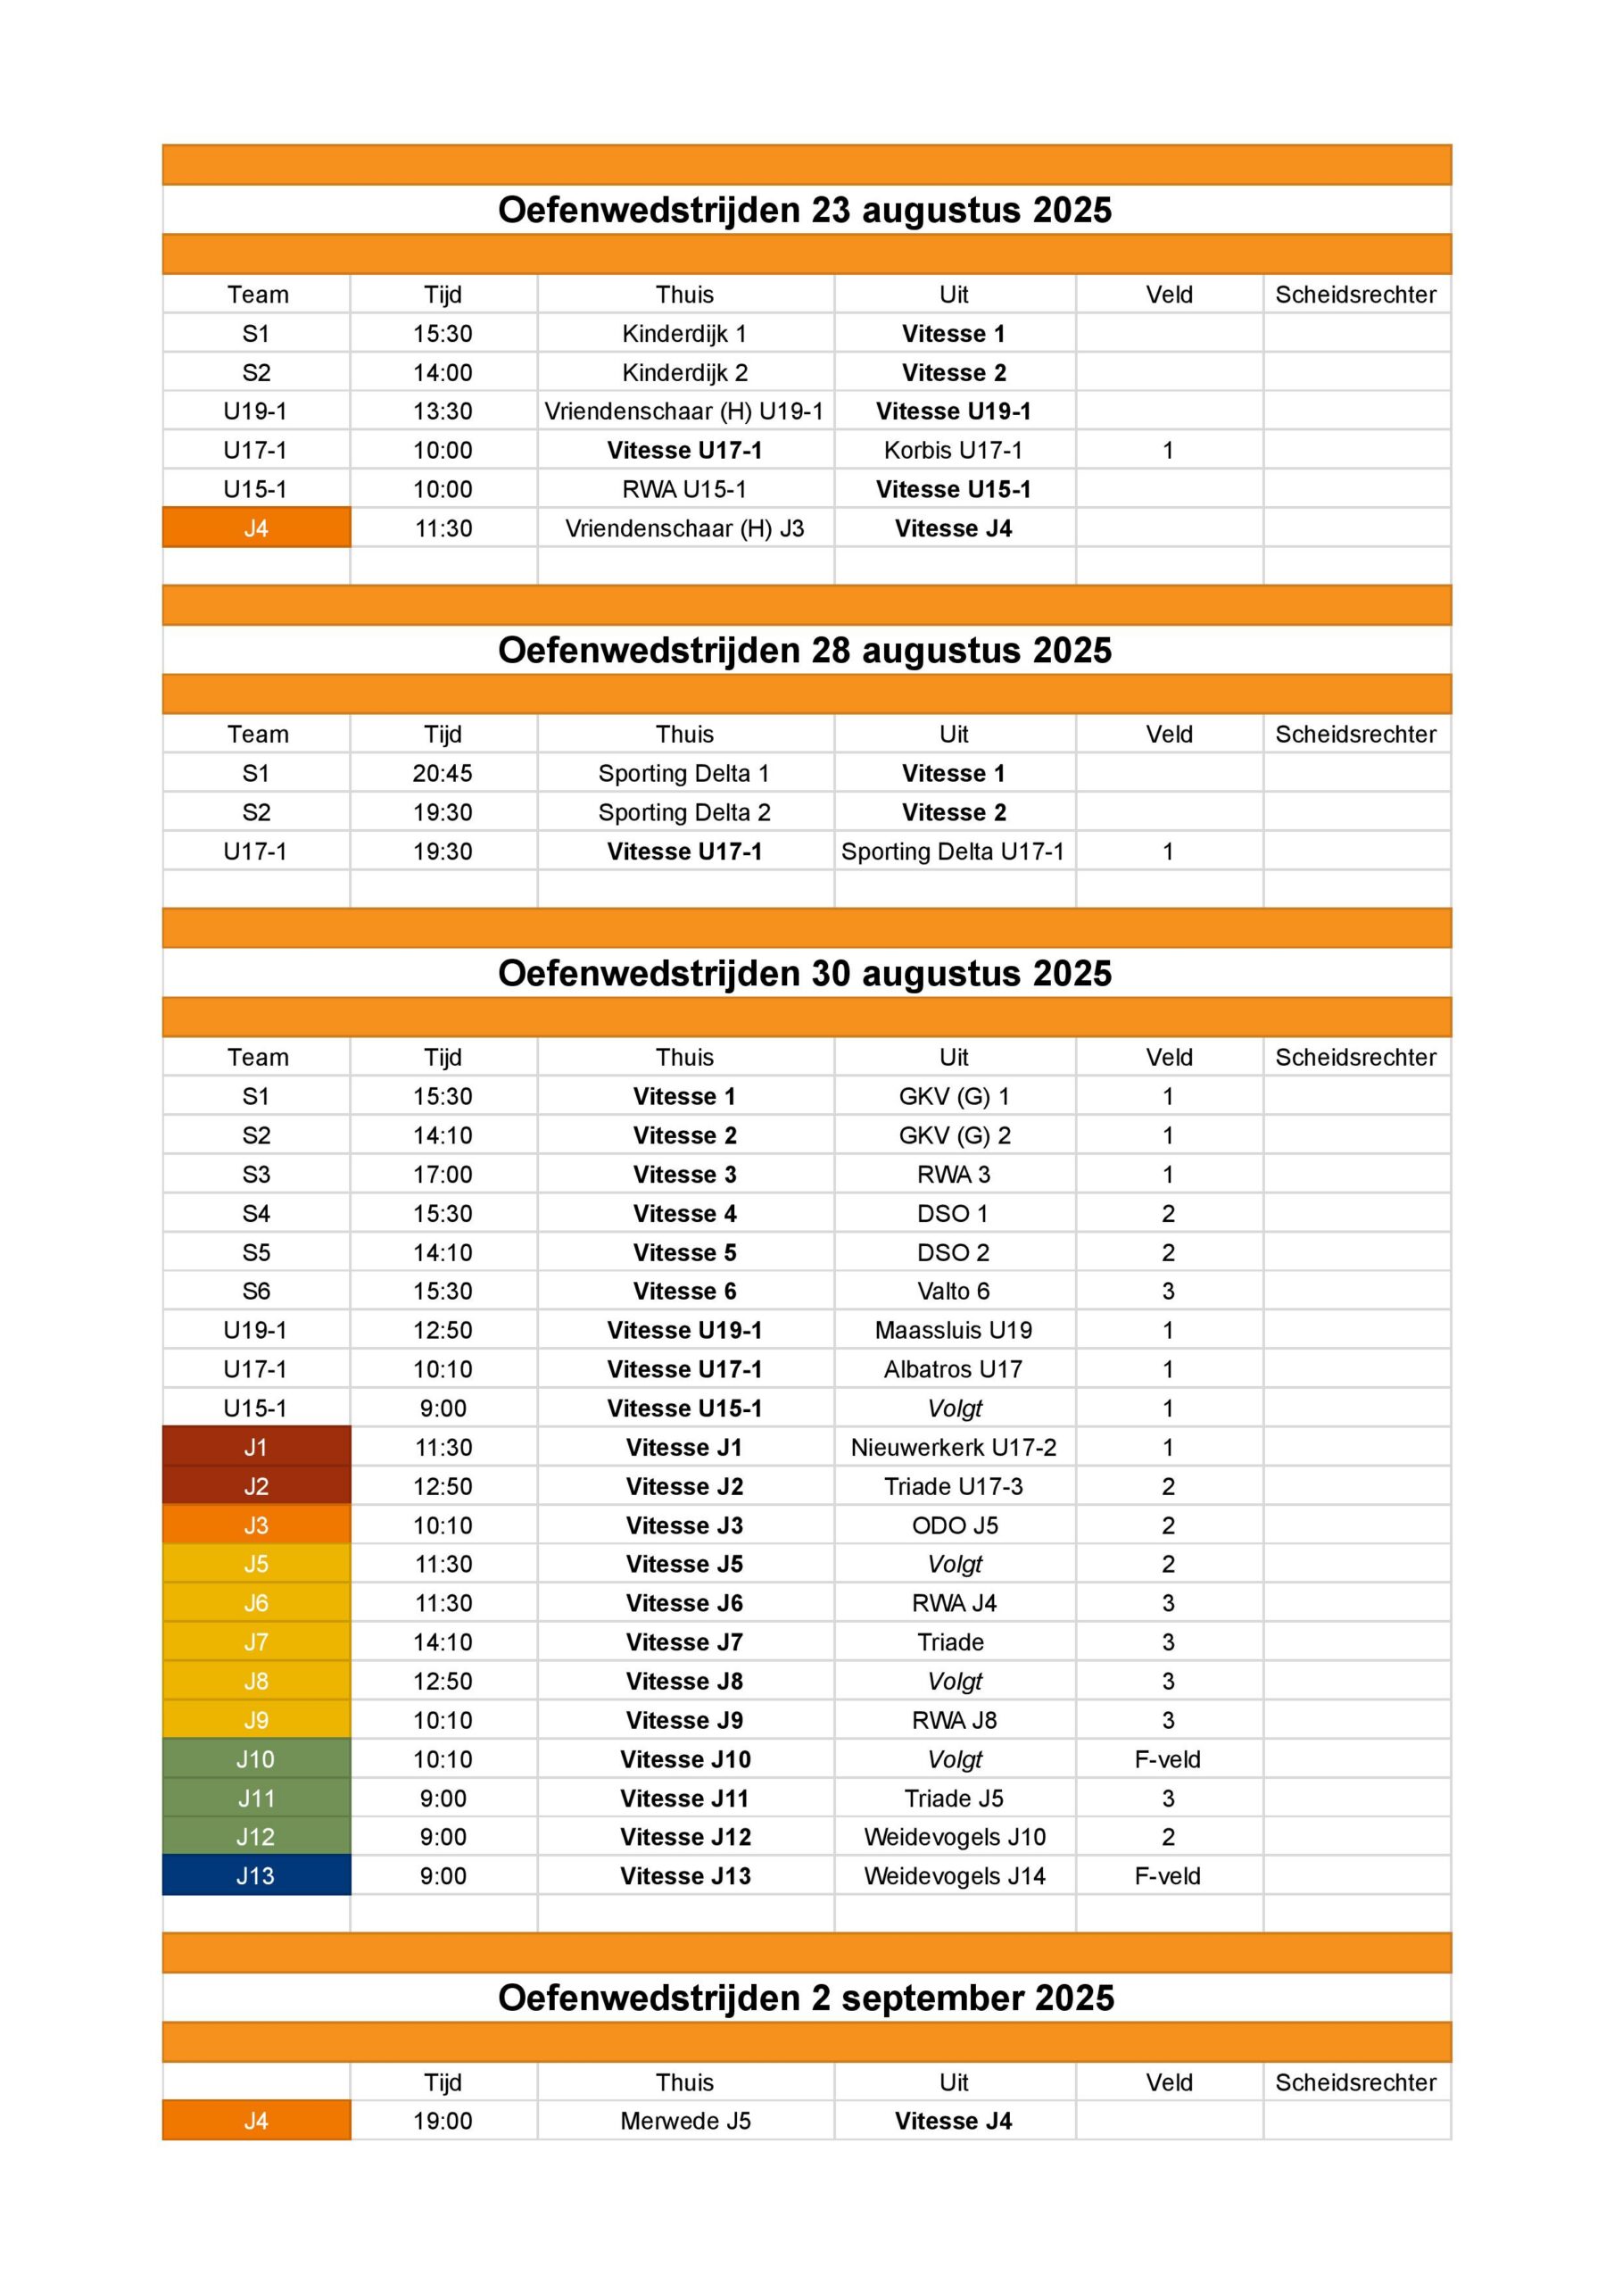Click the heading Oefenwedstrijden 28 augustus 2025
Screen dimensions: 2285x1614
coord(804,650)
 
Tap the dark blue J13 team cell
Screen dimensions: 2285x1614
coord(256,1875)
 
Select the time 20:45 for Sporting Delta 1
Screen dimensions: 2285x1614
coord(443,773)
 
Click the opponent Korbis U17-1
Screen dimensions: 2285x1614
coord(953,450)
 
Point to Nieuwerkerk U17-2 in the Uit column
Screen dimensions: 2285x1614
coord(953,1447)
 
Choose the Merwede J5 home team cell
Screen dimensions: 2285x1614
coord(684,2121)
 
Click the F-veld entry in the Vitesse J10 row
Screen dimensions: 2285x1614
coord(1167,1758)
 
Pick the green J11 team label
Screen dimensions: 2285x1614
coord(256,1799)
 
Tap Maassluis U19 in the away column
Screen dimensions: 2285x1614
coord(953,1330)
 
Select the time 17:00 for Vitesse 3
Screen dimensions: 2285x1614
coord(443,1175)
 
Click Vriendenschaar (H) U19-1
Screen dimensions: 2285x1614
coord(684,411)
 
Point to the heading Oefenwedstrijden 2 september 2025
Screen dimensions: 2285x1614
coord(806,1998)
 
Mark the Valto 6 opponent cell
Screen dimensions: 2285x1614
coord(953,1291)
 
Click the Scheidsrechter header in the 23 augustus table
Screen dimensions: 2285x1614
coord(1355,295)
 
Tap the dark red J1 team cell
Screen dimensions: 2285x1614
coord(256,1447)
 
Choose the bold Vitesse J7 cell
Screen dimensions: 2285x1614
coord(684,1642)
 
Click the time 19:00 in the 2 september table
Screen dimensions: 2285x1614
coord(443,2121)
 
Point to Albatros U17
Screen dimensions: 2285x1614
coord(953,1369)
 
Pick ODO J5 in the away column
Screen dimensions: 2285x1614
coord(953,1525)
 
